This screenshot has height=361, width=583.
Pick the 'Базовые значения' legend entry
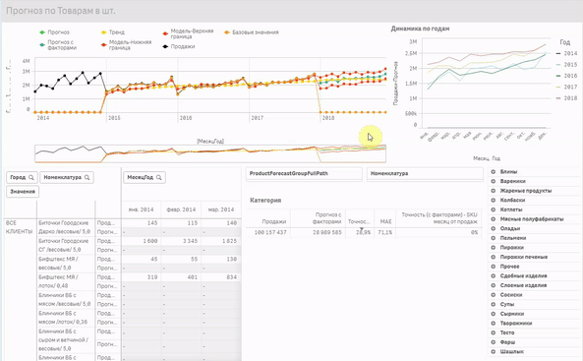[x=254, y=32]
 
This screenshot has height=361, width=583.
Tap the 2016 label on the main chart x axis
[x=185, y=118]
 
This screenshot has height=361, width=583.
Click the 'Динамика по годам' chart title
[x=421, y=29]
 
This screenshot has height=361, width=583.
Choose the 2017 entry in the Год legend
[x=569, y=87]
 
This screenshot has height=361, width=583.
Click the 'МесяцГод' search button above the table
[x=144, y=177]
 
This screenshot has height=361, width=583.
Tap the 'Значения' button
[x=23, y=192]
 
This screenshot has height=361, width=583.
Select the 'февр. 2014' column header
[x=180, y=210]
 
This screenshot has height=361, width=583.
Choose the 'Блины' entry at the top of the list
[x=508, y=172]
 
